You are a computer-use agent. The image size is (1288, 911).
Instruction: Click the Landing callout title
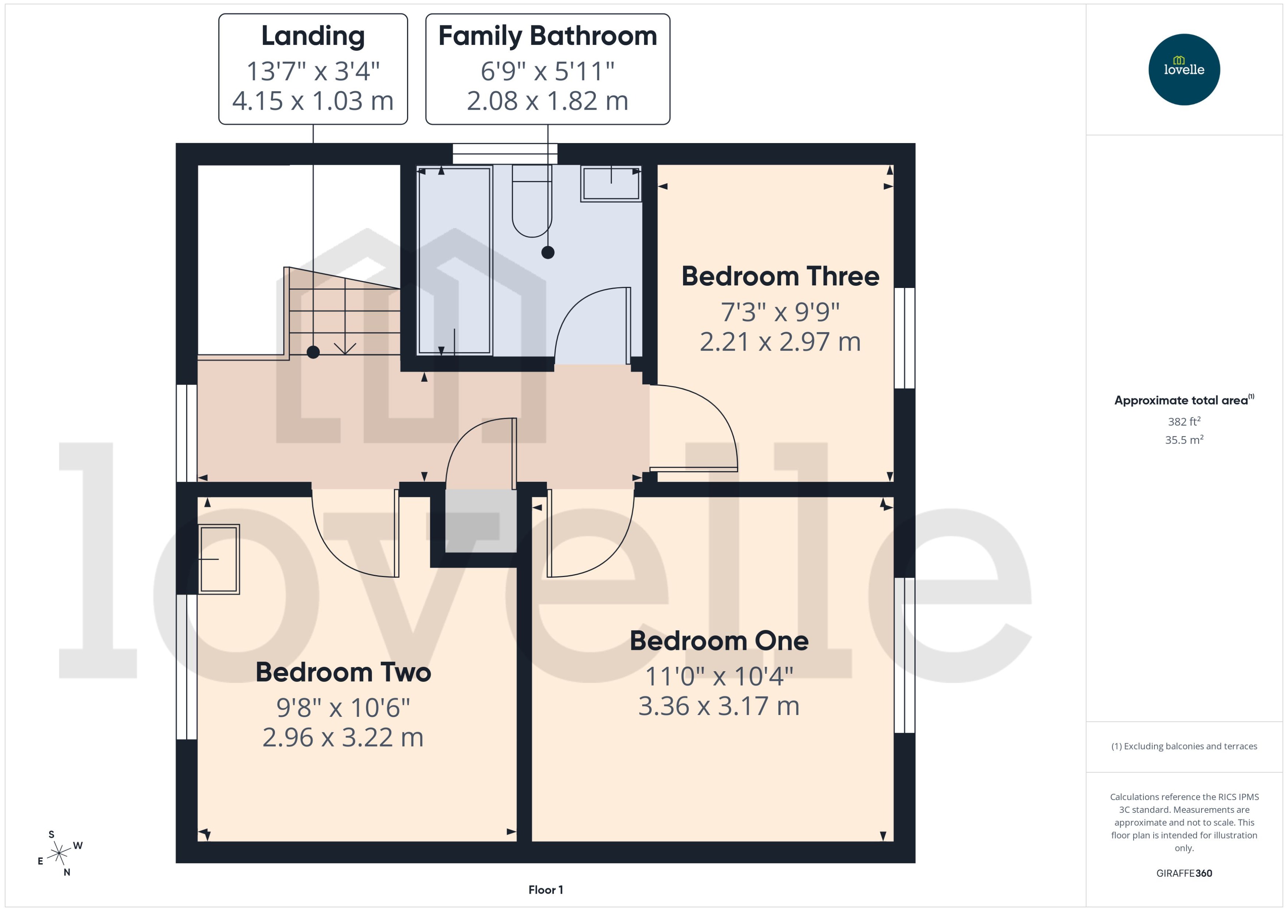[x=312, y=36]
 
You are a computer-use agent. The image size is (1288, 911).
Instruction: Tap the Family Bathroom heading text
[x=547, y=36]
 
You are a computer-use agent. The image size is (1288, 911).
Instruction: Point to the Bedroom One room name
[x=718, y=641]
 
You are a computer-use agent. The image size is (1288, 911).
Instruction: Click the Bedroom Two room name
[x=343, y=672]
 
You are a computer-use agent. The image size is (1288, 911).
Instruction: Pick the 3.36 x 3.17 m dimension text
[x=718, y=706]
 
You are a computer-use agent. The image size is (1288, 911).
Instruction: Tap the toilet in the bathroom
[x=531, y=202]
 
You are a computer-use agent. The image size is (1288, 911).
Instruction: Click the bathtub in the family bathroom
[x=454, y=260]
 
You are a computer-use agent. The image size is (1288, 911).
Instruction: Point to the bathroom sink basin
[x=611, y=184]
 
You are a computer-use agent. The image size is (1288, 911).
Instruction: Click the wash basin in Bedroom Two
[x=219, y=559]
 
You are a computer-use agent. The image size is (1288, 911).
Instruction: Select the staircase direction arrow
[x=344, y=348]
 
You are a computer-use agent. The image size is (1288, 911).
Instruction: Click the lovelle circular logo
[x=1183, y=70]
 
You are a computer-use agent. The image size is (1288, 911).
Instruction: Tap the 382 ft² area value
[x=1183, y=421]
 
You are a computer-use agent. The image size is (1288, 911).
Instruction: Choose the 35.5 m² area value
[x=1183, y=440]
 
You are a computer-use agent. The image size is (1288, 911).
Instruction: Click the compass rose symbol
[x=59, y=854]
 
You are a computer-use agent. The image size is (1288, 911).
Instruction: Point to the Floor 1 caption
[x=545, y=890]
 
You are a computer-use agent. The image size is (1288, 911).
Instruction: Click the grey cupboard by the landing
[x=480, y=520]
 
